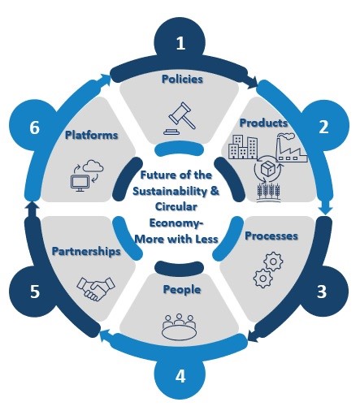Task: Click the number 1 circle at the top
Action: (180, 43)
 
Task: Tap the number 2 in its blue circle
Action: (323, 127)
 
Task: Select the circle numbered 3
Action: (323, 292)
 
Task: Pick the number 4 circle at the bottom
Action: (180, 376)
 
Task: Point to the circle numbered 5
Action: (35, 292)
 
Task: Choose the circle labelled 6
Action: (35, 128)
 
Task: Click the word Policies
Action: (182, 79)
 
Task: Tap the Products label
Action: (263, 123)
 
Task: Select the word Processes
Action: (271, 236)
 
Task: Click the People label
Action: (182, 290)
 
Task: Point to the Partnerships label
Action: (86, 251)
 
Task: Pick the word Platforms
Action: (92, 135)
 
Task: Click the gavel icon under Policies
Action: (180, 118)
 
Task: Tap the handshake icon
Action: (96, 288)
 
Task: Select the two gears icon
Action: (268, 270)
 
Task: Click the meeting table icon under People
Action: (179, 326)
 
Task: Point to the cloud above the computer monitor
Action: (93, 166)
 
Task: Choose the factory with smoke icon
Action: (292, 147)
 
